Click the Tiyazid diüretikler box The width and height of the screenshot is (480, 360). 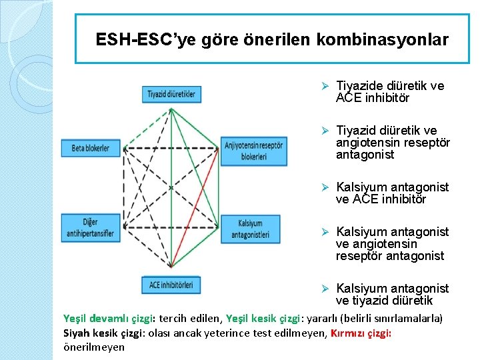(x=171, y=94)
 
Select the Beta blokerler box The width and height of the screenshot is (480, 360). (x=91, y=147)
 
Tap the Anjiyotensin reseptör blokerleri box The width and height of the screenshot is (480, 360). (x=253, y=151)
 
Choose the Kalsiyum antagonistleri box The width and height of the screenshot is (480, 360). (x=250, y=229)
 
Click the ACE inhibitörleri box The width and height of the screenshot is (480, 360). (x=171, y=285)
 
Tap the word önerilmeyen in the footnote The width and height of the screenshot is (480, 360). (x=93, y=347)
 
